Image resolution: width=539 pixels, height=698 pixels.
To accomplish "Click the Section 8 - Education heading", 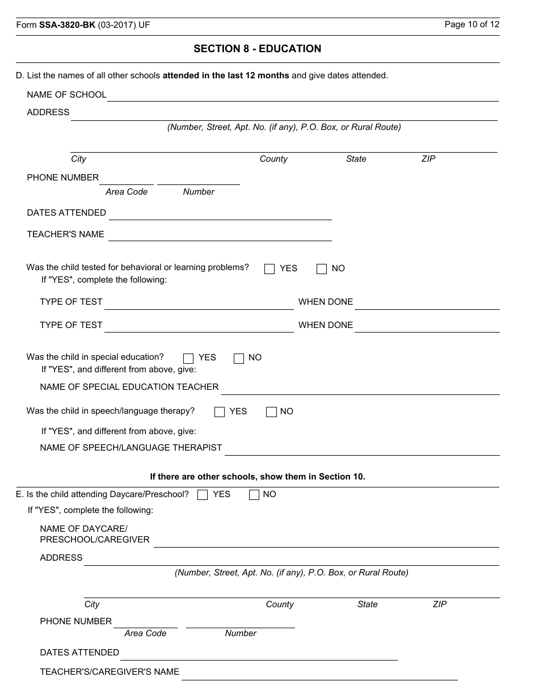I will pos(257,49).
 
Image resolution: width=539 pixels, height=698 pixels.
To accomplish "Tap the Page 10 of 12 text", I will pos(471,24).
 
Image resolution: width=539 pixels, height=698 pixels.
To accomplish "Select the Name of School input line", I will pos(302,95).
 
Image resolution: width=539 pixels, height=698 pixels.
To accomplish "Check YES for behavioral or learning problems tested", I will pos(269,269).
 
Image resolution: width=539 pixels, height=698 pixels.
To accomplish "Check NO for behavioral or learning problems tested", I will pos(322,269).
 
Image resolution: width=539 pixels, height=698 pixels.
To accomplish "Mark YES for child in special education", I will pos(188,358).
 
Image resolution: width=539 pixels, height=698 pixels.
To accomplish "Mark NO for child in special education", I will pos(239,358).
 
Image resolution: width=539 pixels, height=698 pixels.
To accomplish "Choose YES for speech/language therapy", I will pos(220,412).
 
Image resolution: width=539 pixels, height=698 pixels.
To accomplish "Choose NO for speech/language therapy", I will pos(271,412).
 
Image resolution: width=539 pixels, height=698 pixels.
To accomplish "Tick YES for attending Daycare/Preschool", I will pos(203,495).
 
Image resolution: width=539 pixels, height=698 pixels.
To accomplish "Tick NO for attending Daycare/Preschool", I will pos(254,495).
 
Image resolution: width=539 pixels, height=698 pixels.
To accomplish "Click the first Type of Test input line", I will pos(199,304).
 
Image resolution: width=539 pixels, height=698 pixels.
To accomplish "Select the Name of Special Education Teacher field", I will pos(360,388).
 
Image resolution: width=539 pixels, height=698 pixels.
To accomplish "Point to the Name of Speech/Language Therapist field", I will pos(362,449).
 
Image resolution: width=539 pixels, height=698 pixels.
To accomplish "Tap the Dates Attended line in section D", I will pos(220,214).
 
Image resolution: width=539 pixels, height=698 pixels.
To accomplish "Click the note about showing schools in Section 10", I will pos(257,477).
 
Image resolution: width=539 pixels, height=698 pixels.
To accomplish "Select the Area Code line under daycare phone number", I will pos(145,623).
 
